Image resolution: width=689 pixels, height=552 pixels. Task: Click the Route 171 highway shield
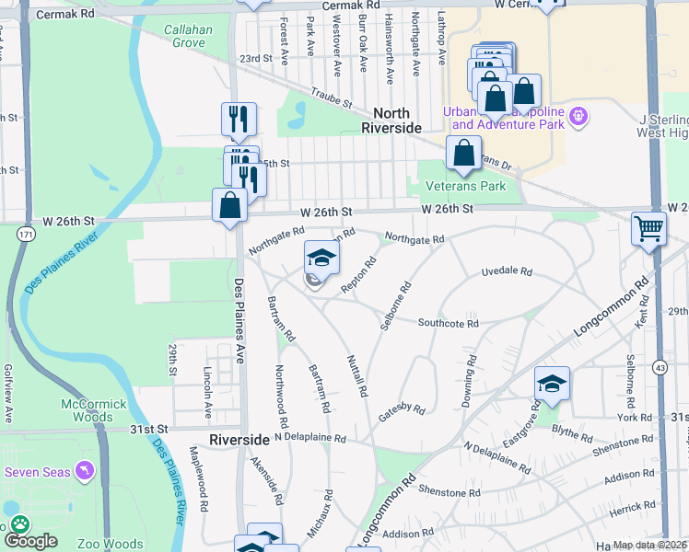click(20, 236)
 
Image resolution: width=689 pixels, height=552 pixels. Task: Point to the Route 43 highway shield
click(660, 367)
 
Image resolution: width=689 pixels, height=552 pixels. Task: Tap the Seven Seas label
click(37, 472)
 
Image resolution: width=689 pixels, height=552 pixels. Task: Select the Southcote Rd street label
click(448, 323)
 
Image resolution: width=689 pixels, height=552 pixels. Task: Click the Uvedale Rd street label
click(507, 272)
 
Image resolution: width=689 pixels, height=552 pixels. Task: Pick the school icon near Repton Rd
click(321, 257)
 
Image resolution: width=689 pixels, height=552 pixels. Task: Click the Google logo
click(31, 541)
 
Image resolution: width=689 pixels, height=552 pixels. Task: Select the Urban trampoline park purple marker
click(579, 116)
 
